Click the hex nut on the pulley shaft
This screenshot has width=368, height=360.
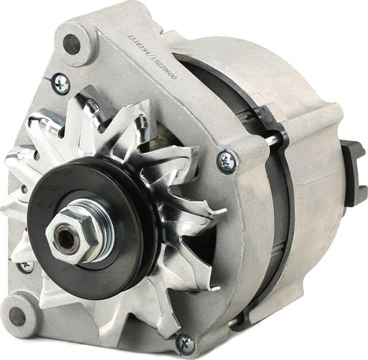(x=70, y=233)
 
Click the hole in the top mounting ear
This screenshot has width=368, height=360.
(x=72, y=44)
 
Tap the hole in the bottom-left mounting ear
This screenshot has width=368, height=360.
(x=18, y=316)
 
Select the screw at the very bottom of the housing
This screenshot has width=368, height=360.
(x=185, y=342)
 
